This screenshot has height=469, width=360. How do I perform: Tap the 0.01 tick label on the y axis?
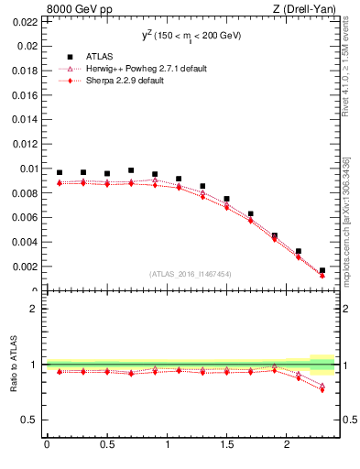[28, 169]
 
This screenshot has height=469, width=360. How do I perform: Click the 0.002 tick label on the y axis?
[26, 267]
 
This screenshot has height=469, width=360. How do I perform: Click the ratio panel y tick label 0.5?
[30, 420]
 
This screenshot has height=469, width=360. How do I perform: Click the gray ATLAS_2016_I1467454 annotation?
[191, 274]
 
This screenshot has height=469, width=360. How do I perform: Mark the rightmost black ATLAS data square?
[322, 270]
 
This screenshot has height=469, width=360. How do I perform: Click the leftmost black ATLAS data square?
[60, 172]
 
